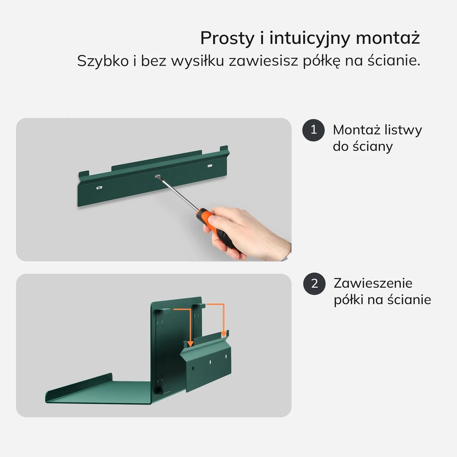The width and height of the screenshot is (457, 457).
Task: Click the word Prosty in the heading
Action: point(227,39)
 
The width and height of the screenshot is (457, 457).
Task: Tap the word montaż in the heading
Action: point(388,39)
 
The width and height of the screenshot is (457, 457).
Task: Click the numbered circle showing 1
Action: point(314,130)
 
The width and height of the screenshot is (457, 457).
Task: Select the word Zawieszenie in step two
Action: point(373,284)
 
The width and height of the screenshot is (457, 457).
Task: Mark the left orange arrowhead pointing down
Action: point(190,344)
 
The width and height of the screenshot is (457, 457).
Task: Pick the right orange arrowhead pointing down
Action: point(223,334)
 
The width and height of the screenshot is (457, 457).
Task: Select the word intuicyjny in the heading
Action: point(309,39)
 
